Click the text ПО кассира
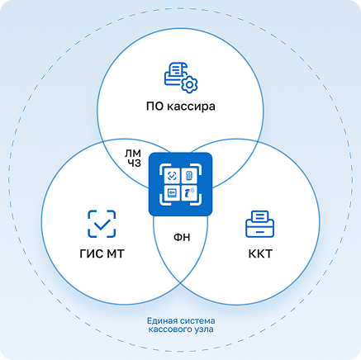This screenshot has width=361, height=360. (x=180, y=107)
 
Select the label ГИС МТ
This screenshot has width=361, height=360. (x=102, y=253)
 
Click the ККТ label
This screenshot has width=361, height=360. (x=260, y=253)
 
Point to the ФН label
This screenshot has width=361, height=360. (x=182, y=237)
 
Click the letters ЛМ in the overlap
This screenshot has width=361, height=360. (x=133, y=154)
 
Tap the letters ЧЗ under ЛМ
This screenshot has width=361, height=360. (x=134, y=163)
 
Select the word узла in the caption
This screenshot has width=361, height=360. (x=205, y=329)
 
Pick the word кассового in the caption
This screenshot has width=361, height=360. (x=171, y=329)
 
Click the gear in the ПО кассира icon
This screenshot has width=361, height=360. (x=189, y=84)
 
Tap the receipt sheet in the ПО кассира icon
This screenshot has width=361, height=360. (x=177, y=69)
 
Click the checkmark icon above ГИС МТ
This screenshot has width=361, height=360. (x=102, y=224)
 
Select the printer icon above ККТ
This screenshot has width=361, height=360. (x=259, y=224)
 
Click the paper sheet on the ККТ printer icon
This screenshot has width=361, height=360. (x=259, y=216)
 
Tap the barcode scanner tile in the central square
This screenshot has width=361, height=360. (x=189, y=193)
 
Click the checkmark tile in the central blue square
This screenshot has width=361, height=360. (x=172, y=176)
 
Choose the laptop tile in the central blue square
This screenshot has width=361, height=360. (x=172, y=193)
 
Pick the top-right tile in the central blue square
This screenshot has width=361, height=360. (x=189, y=176)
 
